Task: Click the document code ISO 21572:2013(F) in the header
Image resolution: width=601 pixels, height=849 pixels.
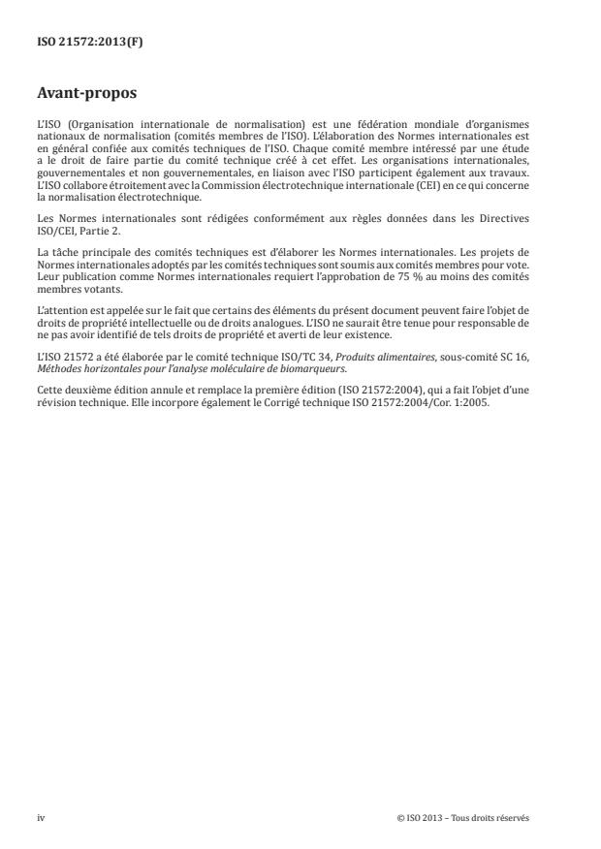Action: [x=76, y=43]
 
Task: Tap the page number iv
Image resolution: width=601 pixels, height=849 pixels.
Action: [x=41, y=817]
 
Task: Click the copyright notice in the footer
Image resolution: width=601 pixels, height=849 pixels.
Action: [x=463, y=817]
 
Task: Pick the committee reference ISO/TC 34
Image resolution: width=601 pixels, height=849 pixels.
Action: [x=276, y=353]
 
